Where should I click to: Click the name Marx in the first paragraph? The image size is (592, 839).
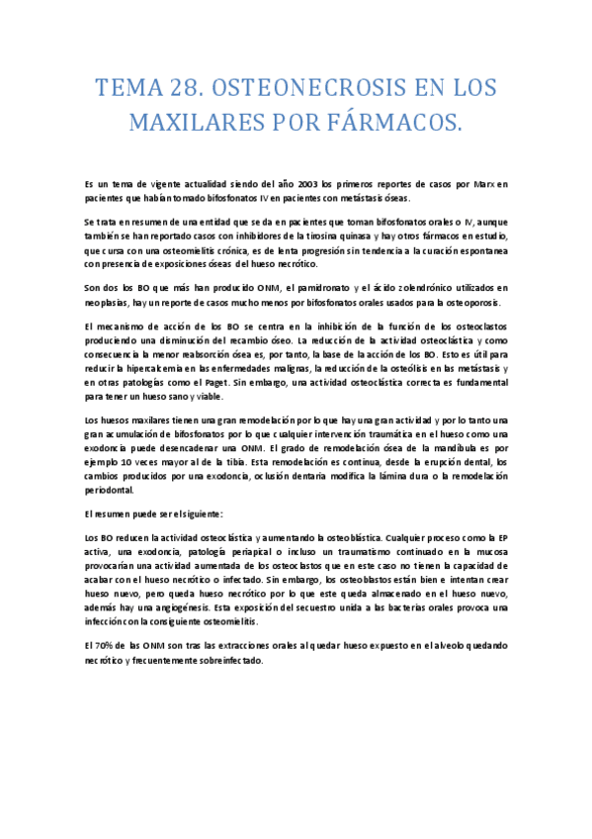(481, 184)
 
